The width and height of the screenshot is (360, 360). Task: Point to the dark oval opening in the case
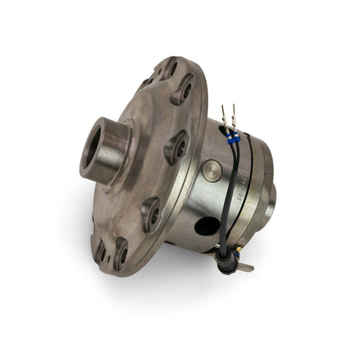point(207,228)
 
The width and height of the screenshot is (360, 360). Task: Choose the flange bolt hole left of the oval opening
point(150,212)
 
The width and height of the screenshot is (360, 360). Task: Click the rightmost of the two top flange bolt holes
point(185,88)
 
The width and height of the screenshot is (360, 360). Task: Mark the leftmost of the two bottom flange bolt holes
point(100,250)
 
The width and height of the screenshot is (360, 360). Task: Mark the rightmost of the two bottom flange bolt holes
point(121,253)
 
